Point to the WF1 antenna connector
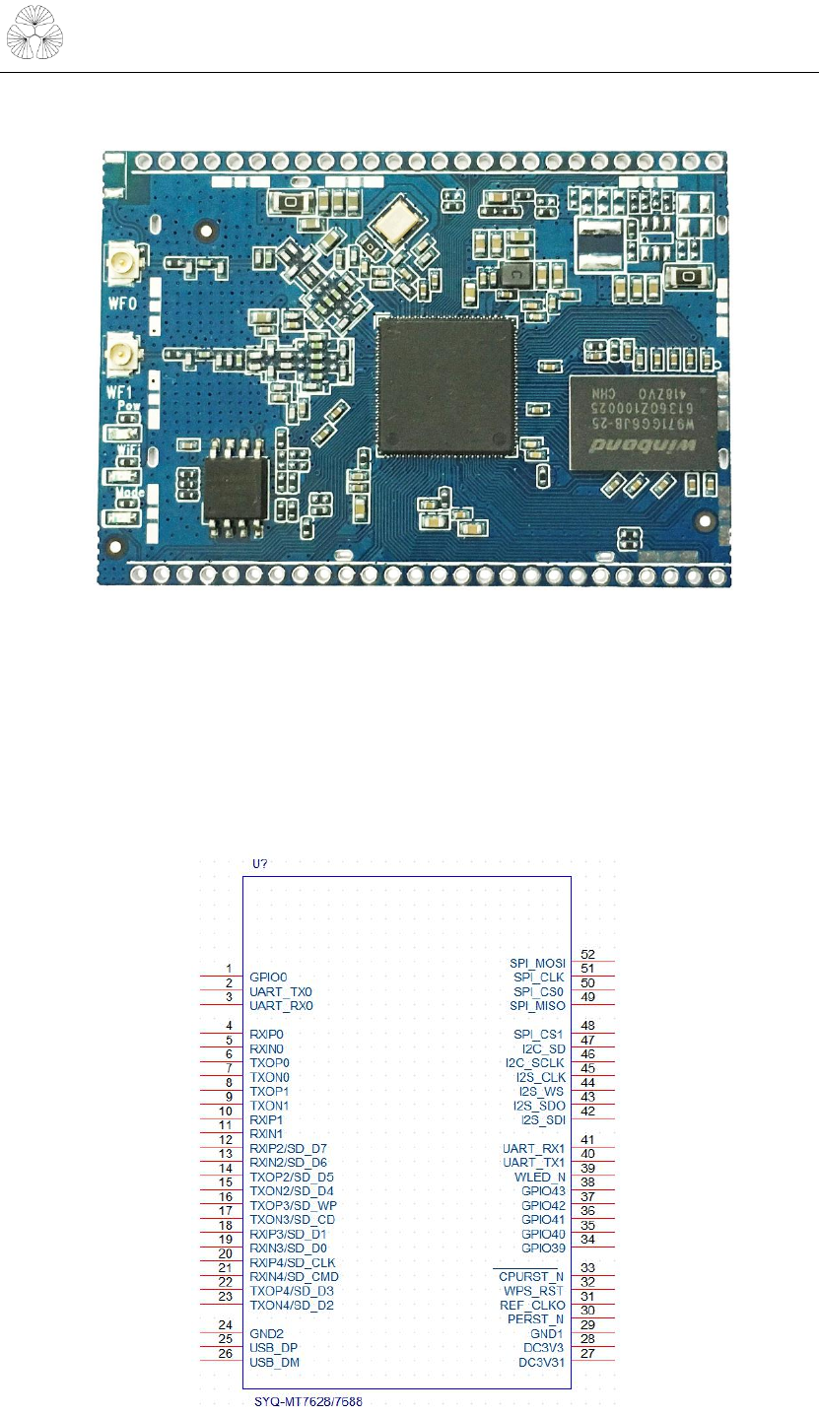click(x=123, y=350)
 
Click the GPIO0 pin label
click(x=269, y=977)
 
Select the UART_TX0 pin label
click(x=281, y=991)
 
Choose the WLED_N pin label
click(x=540, y=1178)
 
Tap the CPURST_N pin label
click(x=531, y=1276)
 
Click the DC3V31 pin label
click(x=542, y=1363)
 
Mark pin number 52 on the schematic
click(x=587, y=954)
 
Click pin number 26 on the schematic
click(x=227, y=1354)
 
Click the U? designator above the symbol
click(x=261, y=864)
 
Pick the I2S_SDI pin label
click(x=543, y=1120)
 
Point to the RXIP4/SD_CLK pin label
click(x=293, y=1263)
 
